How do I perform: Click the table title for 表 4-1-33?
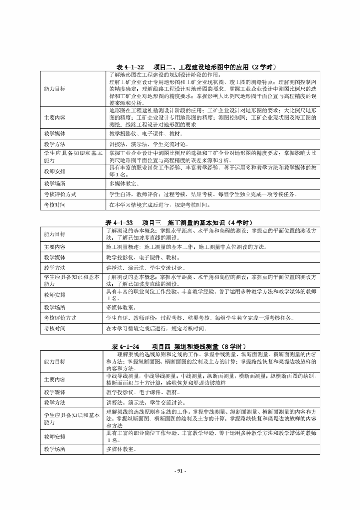(180, 223)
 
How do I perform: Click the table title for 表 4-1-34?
(180, 346)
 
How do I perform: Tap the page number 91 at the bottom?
(180, 470)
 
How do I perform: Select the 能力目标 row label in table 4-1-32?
(55, 89)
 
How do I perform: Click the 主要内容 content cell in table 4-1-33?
(186, 247)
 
